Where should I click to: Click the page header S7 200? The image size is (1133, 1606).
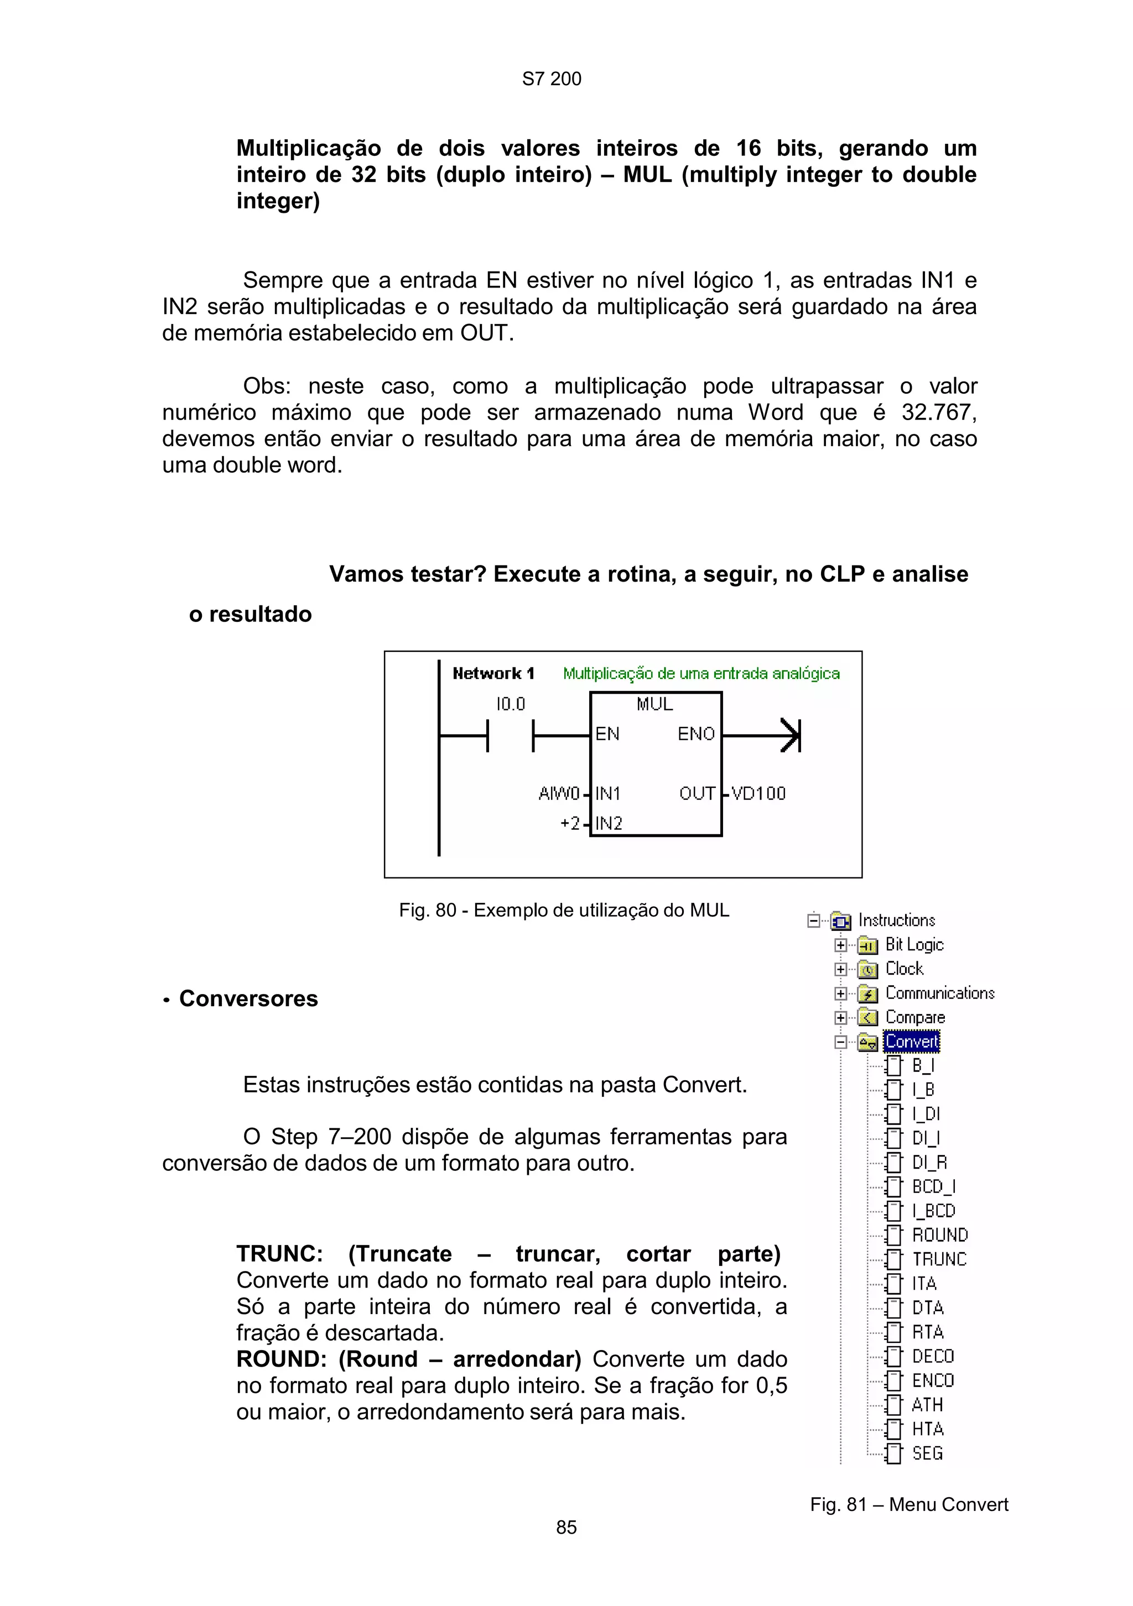[x=551, y=79]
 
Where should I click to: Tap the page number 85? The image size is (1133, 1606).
[x=566, y=1527]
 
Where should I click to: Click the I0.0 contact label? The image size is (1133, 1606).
[x=510, y=704]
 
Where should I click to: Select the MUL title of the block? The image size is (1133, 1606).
[x=654, y=704]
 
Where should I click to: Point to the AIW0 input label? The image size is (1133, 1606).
[x=558, y=793]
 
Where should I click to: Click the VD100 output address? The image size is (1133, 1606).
[x=758, y=793]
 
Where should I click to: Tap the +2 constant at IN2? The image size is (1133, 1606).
[x=570, y=823]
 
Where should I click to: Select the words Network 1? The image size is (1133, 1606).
[x=493, y=673]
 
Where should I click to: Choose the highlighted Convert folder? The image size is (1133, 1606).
[x=911, y=1042]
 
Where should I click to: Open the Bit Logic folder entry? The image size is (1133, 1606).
[x=914, y=944]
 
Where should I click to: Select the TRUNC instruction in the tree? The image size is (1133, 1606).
[x=938, y=1259]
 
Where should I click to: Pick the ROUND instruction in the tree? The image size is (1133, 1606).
[x=939, y=1234]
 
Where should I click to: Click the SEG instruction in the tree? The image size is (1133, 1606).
[x=927, y=1453]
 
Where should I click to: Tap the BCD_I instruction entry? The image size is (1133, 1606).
[x=933, y=1186]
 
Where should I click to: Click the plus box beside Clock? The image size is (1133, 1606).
[x=840, y=970]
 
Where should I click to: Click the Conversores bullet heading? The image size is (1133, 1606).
[x=248, y=998]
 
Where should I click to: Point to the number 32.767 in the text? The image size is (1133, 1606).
[x=938, y=412]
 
